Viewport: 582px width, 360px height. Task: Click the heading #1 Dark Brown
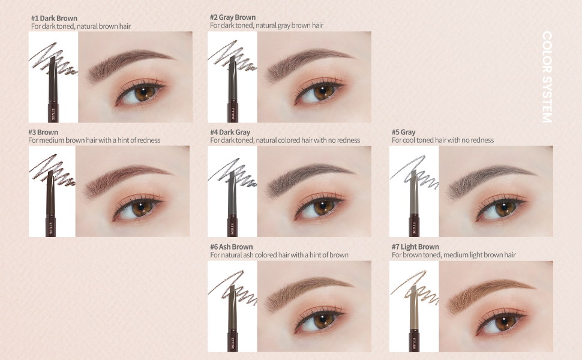point(54,18)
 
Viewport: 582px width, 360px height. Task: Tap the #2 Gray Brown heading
point(233,17)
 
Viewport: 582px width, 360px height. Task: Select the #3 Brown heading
point(43,133)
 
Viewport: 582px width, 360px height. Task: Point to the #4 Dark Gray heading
point(230,132)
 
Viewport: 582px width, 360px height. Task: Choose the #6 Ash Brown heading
point(231,247)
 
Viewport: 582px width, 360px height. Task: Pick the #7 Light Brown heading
point(415,247)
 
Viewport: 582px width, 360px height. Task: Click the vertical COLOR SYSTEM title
point(547,77)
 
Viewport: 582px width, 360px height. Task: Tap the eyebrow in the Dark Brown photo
point(130,62)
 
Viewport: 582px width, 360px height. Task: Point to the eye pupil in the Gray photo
point(503,205)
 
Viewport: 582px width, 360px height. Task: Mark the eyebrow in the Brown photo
point(128,178)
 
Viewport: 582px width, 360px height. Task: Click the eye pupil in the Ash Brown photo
point(322,320)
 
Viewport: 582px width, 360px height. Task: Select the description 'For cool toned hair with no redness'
point(443,140)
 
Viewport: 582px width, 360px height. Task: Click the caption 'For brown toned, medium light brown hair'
point(454,255)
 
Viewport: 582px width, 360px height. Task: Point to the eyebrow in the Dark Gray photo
point(310,178)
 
